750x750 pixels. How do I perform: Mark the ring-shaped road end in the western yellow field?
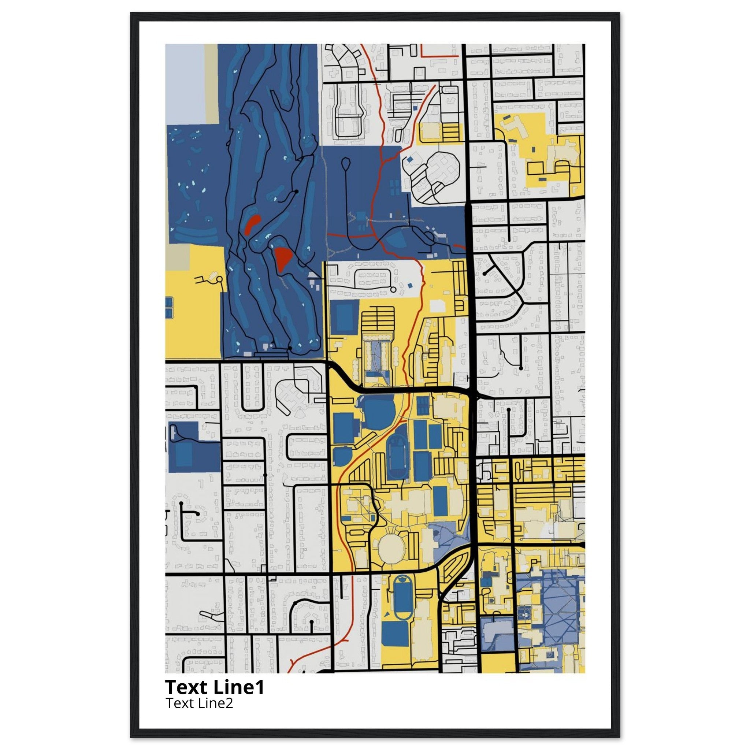[220, 279]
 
